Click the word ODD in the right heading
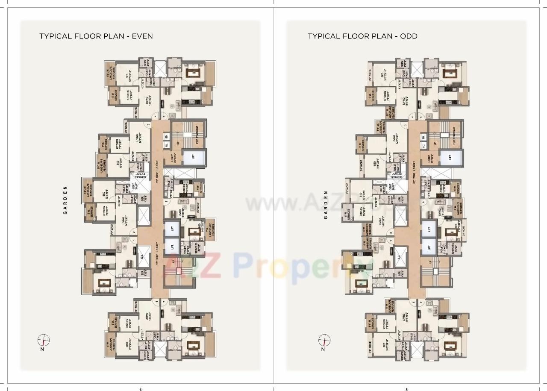(x=409, y=36)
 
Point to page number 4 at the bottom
(x=141, y=389)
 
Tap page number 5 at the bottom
(x=406, y=389)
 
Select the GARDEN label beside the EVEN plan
(x=66, y=200)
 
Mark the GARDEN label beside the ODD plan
(x=326, y=204)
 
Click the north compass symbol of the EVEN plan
(x=44, y=341)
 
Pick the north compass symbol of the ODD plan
(x=324, y=341)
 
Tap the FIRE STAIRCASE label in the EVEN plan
(x=197, y=134)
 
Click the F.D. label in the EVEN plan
(x=167, y=145)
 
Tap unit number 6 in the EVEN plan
(x=166, y=202)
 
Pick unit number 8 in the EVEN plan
(x=157, y=302)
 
